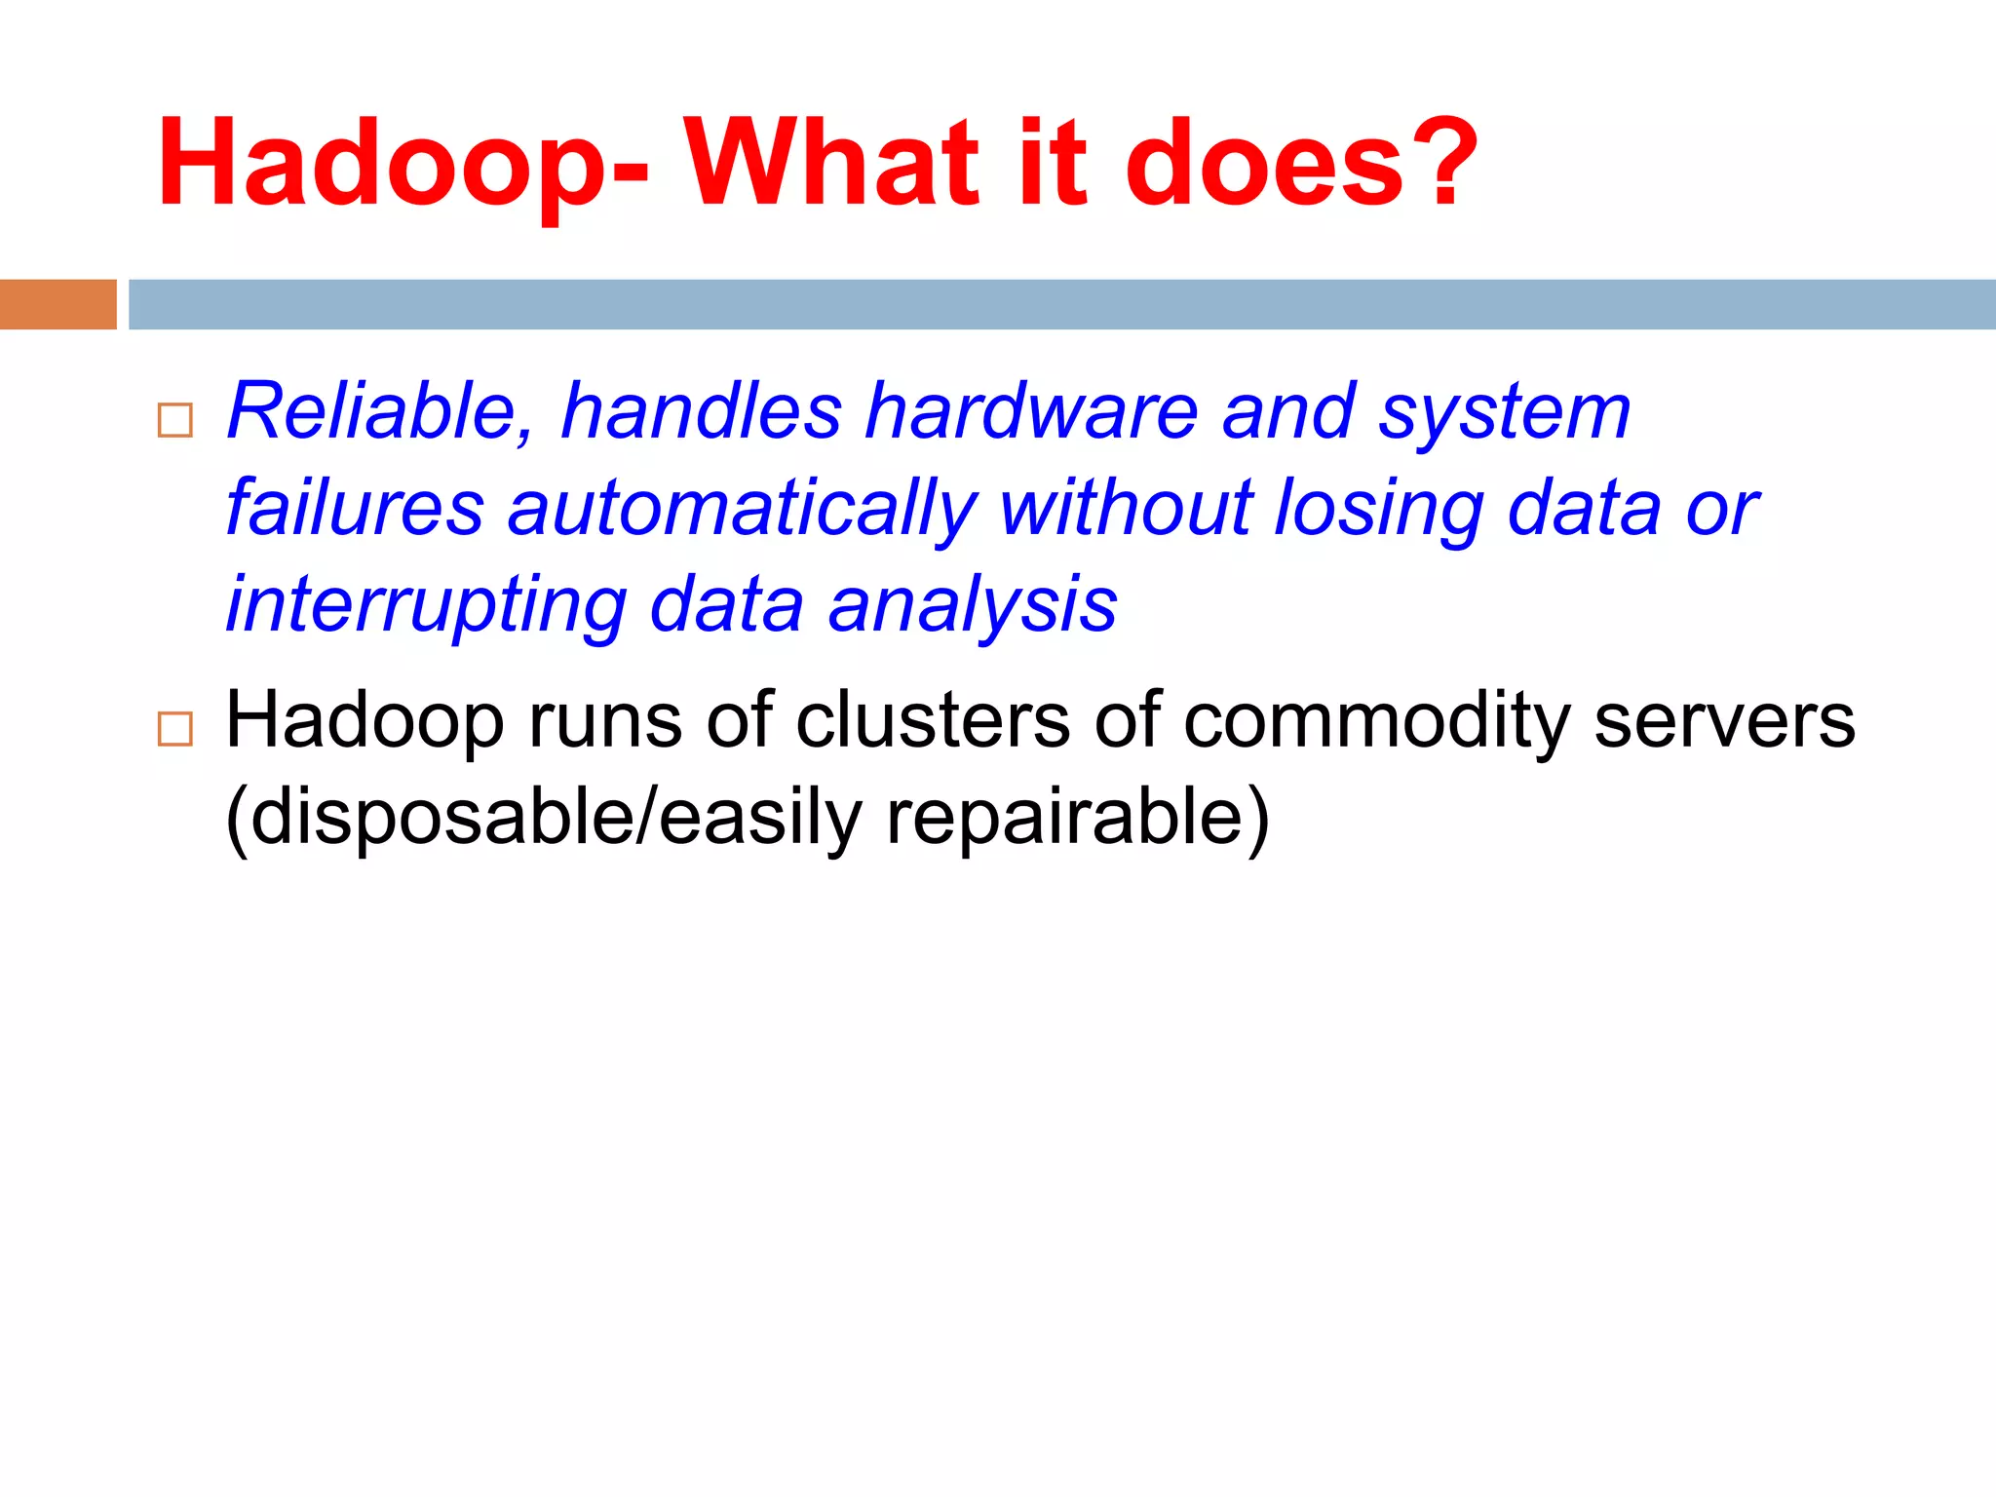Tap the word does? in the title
click(1301, 162)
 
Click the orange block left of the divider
click(58, 304)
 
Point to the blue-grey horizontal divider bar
click(1061, 304)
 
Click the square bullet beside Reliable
click(175, 420)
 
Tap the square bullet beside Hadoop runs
click(175, 728)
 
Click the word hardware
click(1032, 411)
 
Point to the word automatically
click(742, 510)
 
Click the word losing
click(1379, 510)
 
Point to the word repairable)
click(1078, 819)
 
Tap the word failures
click(355, 508)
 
